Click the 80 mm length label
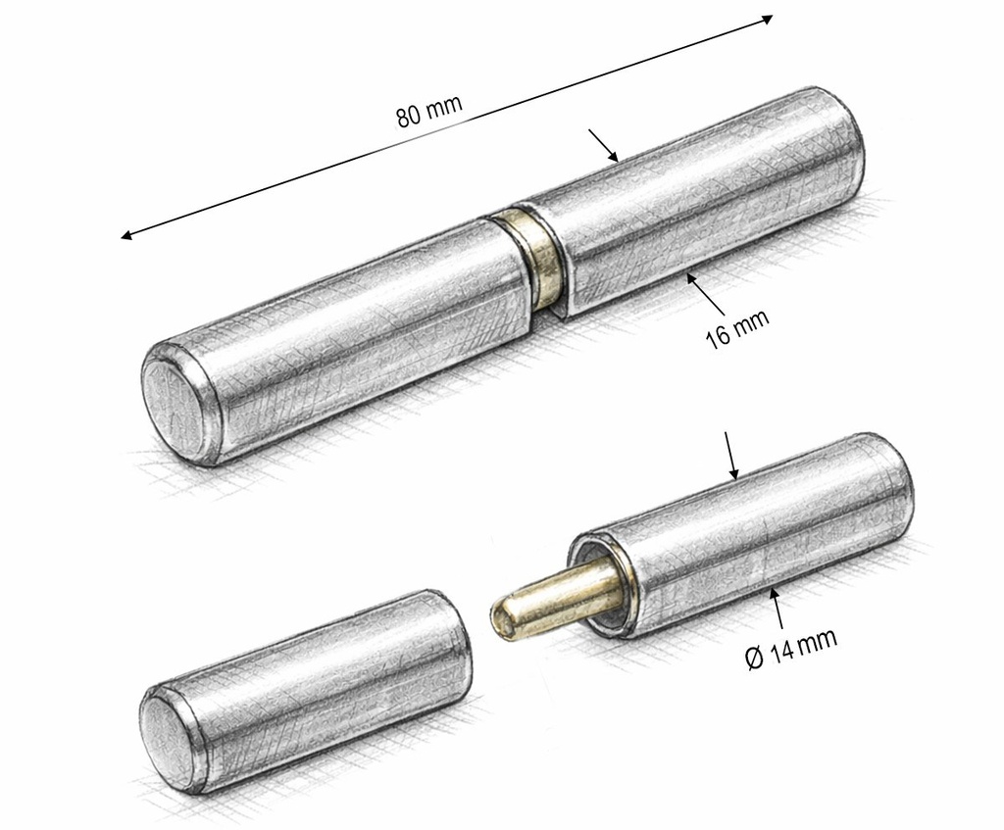tap(429, 112)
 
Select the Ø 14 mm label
tap(791, 649)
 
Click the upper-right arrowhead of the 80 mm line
tap(767, 20)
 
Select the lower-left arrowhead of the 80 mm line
tap(126, 235)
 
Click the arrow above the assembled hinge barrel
tap(603, 145)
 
